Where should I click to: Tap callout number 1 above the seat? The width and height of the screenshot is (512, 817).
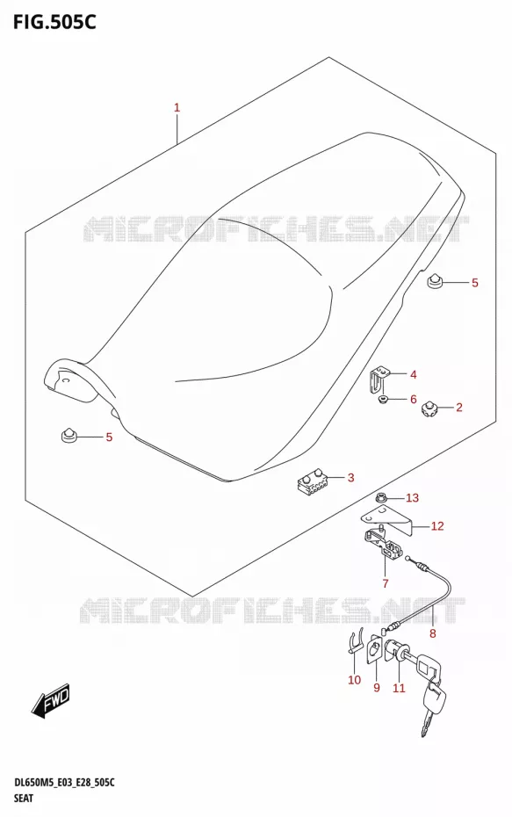click(x=177, y=108)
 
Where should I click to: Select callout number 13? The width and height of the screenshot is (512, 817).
click(x=412, y=498)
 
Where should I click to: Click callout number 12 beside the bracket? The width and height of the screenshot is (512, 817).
click(x=437, y=526)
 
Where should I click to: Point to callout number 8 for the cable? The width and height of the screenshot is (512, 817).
click(x=433, y=633)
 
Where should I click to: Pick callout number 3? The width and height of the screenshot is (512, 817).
click(x=350, y=477)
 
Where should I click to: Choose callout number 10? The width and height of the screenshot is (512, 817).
click(x=354, y=679)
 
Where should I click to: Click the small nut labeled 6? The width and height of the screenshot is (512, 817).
click(x=384, y=400)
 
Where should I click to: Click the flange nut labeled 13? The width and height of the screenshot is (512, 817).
click(x=382, y=499)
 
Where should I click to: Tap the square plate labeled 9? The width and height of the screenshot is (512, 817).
click(x=373, y=649)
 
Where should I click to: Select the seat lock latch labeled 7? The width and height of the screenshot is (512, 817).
click(x=384, y=547)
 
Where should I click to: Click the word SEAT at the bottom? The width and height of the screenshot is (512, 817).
click(x=23, y=798)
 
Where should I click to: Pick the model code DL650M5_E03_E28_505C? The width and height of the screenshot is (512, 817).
click(x=63, y=783)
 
